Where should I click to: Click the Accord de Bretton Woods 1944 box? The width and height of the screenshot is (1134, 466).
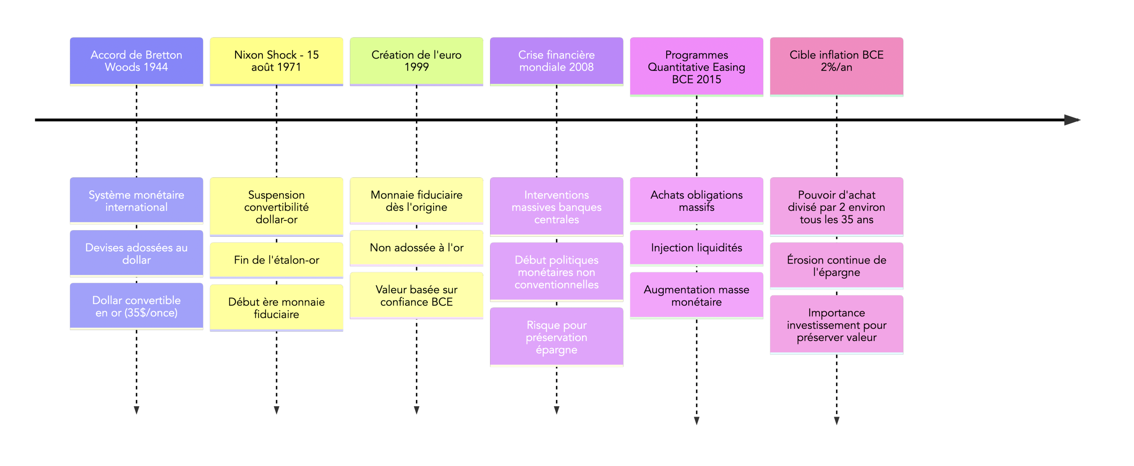tap(136, 61)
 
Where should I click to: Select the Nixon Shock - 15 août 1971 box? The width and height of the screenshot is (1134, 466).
tap(277, 61)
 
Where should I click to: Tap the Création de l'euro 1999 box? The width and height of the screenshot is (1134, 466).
tap(416, 61)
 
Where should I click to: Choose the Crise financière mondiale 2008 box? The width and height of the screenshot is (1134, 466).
tap(557, 61)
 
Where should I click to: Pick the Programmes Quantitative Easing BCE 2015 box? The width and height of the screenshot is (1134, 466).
tap(696, 67)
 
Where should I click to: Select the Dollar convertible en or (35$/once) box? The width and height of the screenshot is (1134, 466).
tap(136, 306)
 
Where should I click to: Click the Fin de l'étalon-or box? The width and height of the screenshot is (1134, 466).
tap(277, 260)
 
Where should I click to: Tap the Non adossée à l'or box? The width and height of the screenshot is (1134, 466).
tap(416, 248)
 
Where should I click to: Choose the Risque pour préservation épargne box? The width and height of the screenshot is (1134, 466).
tap(557, 337)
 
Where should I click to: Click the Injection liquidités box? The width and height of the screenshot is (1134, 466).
tap(696, 248)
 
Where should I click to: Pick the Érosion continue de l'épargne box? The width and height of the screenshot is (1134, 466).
tap(836, 266)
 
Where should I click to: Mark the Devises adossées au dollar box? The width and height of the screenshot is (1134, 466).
tap(136, 253)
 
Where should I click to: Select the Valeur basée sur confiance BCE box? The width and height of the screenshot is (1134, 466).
tap(416, 296)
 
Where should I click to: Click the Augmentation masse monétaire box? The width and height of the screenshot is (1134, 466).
tap(696, 296)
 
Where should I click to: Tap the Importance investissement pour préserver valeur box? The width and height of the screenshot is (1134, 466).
tap(836, 325)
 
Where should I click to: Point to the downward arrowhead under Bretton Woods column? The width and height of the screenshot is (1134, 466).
tap(136, 410)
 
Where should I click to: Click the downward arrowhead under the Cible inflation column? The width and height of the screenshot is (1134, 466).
tap(836, 421)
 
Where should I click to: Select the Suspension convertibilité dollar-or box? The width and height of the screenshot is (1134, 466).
tap(277, 207)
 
